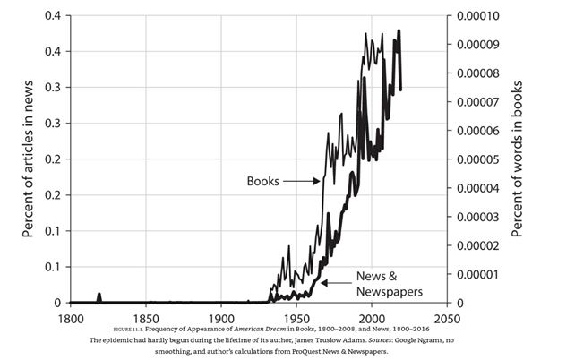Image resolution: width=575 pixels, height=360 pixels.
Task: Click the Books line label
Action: [x=263, y=181]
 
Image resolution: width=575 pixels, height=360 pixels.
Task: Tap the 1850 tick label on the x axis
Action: [x=146, y=318]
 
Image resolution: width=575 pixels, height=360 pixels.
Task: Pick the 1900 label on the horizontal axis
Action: [x=221, y=318]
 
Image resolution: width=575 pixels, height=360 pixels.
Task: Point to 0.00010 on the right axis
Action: [x=479, y=16]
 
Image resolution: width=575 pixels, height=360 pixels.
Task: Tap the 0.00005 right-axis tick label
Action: [x=479, y=159]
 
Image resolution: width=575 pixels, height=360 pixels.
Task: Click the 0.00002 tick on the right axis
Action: [x=479, y=245]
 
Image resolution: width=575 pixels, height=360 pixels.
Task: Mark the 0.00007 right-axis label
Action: [x=479, y=102]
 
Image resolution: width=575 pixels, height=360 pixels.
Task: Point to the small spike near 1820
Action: [x=99, y=296]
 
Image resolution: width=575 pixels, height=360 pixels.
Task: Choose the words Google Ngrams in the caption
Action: [x=432, y=341]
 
